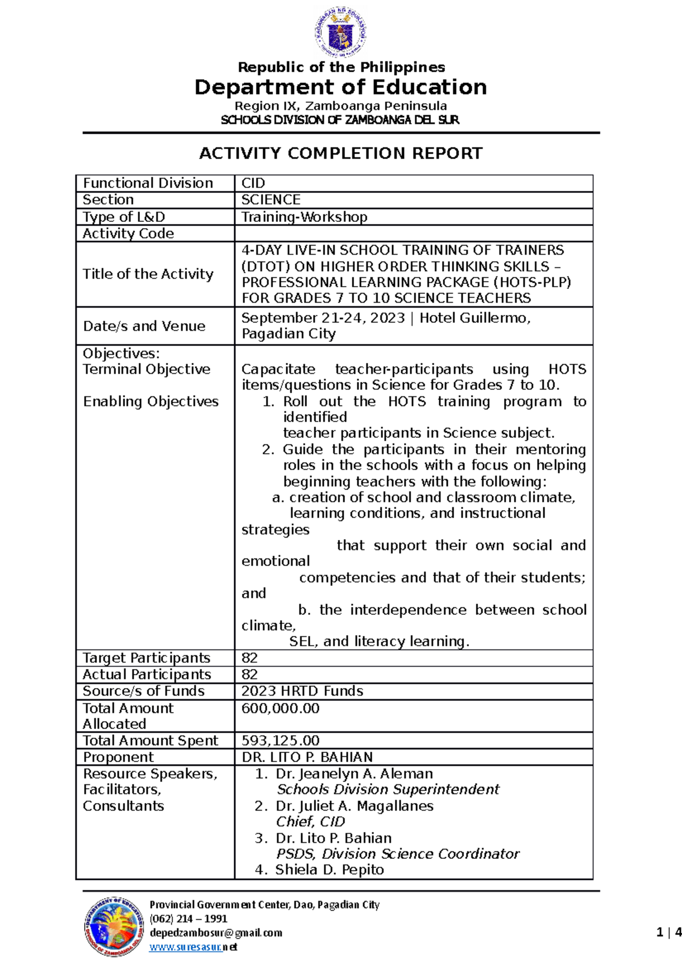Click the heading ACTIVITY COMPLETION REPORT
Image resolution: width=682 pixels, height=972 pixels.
coord(340,154)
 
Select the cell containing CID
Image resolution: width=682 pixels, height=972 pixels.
coord(253,183)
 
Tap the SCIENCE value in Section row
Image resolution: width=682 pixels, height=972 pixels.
coord(271,200)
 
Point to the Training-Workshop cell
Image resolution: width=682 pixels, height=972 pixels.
coord(304,217)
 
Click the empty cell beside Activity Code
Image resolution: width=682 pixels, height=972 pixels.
coord(413,233)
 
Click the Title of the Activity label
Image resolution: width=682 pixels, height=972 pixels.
coord(148,274)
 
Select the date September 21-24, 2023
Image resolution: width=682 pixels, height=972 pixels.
coord(323,318)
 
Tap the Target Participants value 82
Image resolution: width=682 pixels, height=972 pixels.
coord(249,658)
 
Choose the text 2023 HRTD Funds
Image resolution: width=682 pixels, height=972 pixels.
coord(302,691)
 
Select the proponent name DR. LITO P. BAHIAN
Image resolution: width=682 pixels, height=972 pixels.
coord(307,757)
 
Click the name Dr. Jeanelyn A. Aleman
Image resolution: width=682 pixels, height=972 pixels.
coord(354,774)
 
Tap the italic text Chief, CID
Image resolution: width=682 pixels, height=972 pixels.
coord(310,822)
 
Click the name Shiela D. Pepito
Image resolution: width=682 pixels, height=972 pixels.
coord(329,870)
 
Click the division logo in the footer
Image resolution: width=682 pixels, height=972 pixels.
coord(114,926)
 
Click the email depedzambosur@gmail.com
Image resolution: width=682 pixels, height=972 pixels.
coord(216,933)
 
